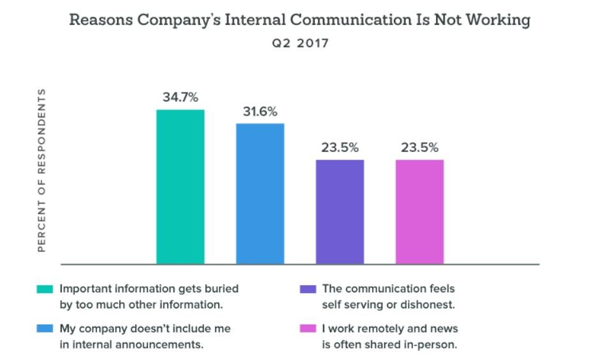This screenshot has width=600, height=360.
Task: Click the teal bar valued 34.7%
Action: click(x=181, y=186)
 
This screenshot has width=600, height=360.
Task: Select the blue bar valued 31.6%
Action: click(x=260, y=193)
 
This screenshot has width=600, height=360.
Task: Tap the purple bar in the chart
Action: click(x=340, y=211)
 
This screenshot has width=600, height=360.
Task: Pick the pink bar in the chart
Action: click(x=419, y=211)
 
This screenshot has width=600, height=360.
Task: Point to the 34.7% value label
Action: click(x=181, y=98)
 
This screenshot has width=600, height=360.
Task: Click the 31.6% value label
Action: click(x=260, y=112)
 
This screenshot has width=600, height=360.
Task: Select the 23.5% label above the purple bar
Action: click(x=340, y=147)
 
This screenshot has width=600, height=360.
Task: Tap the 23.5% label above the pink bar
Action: click(x=419, y=147)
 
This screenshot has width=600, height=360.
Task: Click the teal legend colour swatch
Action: click(x=45, y=289)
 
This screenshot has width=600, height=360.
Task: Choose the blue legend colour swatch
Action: click(x=45, y=329)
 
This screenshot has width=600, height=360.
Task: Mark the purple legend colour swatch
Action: click(x=308, y=289)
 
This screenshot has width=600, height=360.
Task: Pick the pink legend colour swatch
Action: click(x=308, y=329)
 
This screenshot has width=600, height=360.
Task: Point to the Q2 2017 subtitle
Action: click(x=299, y=44)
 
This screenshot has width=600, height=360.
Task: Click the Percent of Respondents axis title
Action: click(x=42, y=170)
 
